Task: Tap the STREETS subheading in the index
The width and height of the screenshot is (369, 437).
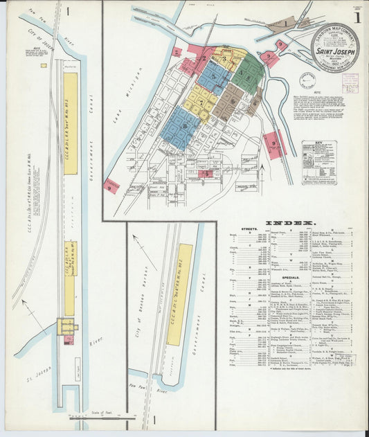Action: coord(250,229)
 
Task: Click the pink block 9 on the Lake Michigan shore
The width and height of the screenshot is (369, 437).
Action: coord(111,185)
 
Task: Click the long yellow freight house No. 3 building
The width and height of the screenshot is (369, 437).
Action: coord(71,123)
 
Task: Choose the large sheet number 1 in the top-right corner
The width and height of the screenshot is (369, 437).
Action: coord(357,17)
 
